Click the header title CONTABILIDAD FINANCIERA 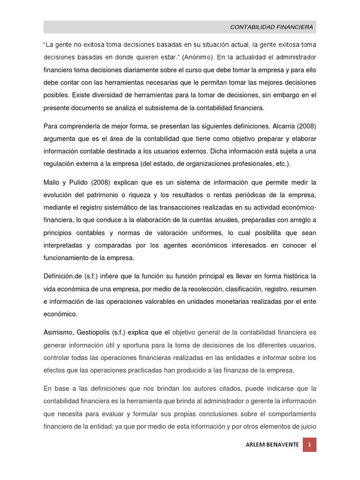coord(271,27)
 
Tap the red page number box coord(309,444)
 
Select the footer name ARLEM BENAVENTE coord(272,445)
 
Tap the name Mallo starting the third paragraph coord(52,182)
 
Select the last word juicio coord(307,426)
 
